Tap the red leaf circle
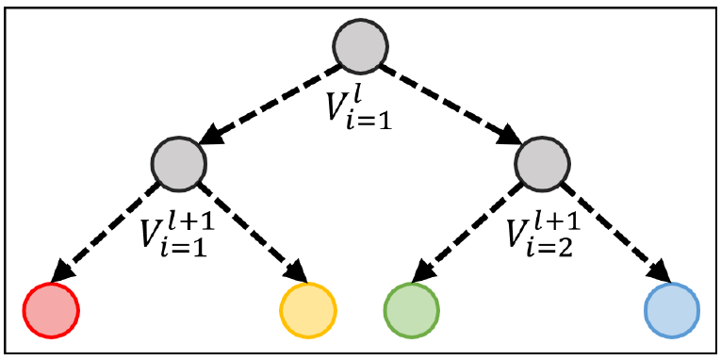(x=50, y=308)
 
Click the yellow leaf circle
(x=308, y=308)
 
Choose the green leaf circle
(x=412, y=308)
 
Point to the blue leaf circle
(x=671, y=308)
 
